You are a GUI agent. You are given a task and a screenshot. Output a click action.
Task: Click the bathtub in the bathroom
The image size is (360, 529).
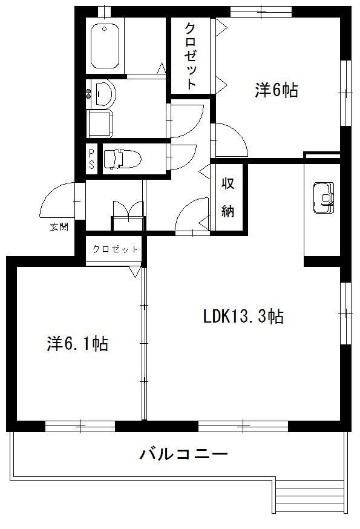(105, 45)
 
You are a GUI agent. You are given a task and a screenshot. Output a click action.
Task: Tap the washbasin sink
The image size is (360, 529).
(104, 93)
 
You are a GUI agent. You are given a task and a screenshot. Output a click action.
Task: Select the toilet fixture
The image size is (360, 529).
(122, 159)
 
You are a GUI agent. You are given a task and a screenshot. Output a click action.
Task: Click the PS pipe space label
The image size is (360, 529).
(91, 159)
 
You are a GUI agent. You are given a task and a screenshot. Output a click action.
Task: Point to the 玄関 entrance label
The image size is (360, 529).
(59, 227)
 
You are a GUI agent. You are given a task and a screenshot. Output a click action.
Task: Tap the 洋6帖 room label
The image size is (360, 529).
(277, 90)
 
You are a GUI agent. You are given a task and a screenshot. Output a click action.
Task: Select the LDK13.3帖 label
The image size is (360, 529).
(243, 316)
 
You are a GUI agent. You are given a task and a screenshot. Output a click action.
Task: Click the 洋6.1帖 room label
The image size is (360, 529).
(78, 343)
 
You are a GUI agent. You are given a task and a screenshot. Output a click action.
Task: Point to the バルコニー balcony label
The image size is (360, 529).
(184, 455)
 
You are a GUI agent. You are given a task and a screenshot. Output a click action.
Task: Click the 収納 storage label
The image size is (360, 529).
(228, 197)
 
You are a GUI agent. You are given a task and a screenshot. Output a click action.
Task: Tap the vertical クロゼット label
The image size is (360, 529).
(191, 56)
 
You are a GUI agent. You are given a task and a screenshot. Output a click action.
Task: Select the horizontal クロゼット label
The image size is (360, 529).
(115, 249)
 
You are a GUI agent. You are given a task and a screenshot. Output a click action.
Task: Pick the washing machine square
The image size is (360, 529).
(100, 123)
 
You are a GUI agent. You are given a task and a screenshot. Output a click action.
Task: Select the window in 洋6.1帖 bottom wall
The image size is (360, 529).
(80, 427)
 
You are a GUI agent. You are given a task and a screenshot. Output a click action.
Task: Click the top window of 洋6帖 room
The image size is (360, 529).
(261, 12)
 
